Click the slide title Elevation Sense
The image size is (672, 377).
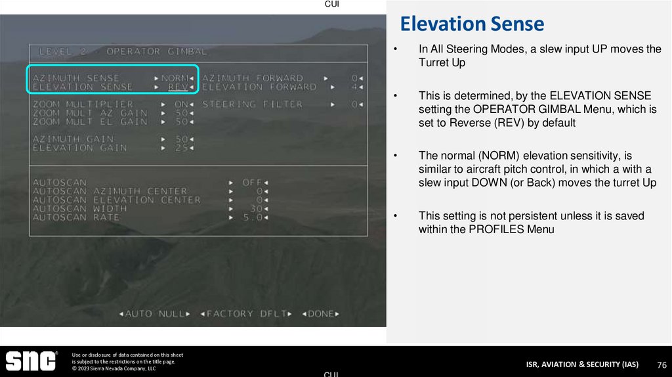[472, 24]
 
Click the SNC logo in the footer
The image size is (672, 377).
[31, 361]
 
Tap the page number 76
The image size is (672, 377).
[661, 365]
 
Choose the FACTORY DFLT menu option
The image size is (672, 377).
[246, 314]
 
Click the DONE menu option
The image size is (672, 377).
[320, 314]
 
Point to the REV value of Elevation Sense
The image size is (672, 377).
[177, 87]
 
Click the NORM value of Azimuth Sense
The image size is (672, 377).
[175, 78]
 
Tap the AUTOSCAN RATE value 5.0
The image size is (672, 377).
[253, 217]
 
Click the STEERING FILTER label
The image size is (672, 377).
[253, 104]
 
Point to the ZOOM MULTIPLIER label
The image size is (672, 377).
[83, 104]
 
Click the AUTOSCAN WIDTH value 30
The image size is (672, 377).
[255, 209]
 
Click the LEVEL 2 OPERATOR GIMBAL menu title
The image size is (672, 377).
[123, 51]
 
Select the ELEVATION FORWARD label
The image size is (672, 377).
[259, 87]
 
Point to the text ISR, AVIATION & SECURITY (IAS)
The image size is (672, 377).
[582, 365]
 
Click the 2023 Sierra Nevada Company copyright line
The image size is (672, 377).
[114, 368]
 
